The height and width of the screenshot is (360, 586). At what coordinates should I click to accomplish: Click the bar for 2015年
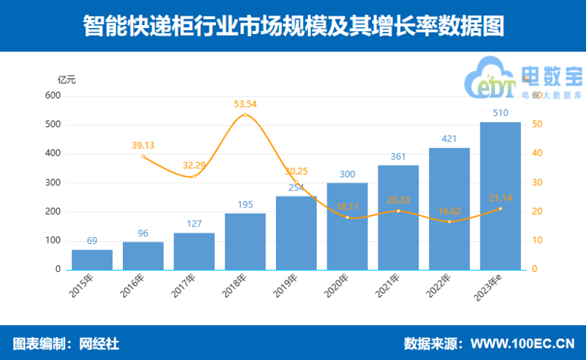pos(92,259)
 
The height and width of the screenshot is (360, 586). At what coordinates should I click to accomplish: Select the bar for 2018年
pos(245,241)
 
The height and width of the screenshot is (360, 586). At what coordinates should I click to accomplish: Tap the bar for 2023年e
pos(500,196)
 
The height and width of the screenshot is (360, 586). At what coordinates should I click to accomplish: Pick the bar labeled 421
pos(450,208)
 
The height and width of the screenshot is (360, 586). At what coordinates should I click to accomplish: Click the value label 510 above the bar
pos(500,113)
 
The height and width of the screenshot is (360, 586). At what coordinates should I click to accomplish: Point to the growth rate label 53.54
pos(245,104)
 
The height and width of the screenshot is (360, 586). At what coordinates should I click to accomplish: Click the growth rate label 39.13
pos(143,146)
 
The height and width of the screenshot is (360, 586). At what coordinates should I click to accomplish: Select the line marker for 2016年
pos(143,156)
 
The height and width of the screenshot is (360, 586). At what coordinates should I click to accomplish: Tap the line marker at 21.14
pos(500,208)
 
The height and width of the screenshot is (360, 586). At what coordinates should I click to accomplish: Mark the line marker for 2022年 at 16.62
pos(450,221)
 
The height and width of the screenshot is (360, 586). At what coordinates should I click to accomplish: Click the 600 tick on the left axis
pos(52,95)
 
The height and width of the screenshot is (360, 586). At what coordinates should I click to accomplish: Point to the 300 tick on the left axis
pos(52,183)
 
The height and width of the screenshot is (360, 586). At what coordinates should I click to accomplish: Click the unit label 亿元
pos(67,80)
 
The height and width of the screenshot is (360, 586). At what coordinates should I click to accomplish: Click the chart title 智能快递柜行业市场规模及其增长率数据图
pos(293,26)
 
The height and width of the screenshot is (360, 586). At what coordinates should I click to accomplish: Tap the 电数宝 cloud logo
pos(522,83)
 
